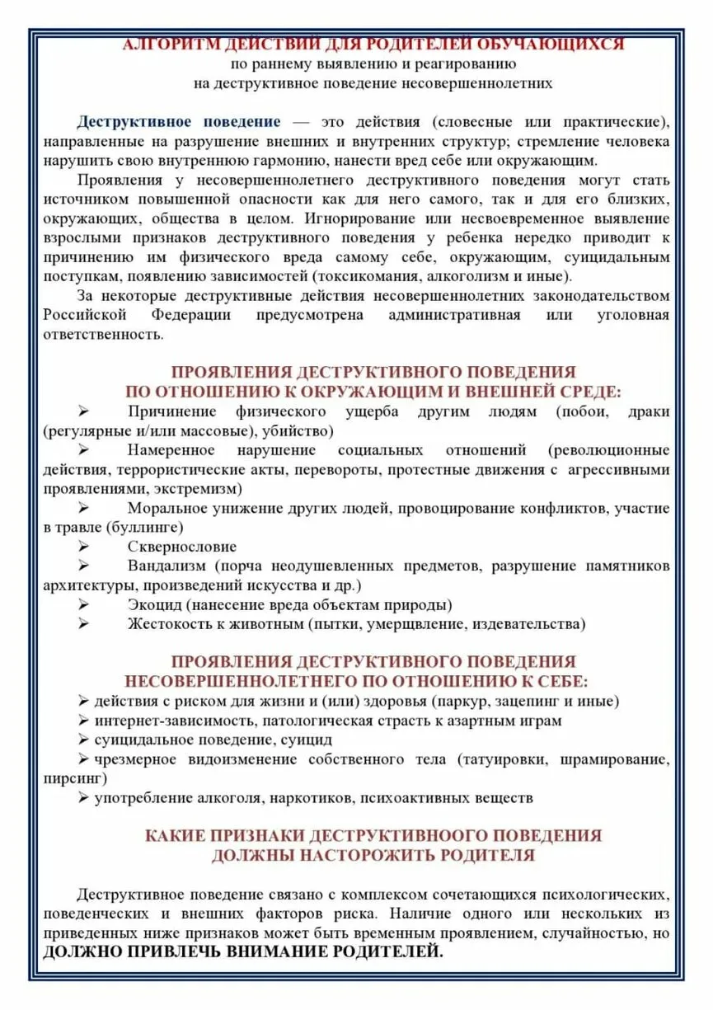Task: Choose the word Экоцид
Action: point(152,605)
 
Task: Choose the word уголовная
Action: point(633,316)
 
